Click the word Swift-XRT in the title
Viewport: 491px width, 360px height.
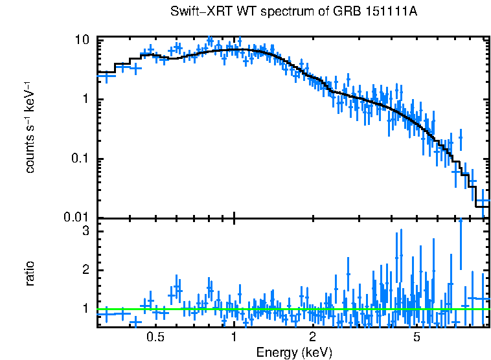tap(197, 12)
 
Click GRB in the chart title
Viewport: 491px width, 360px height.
tap(362, 12)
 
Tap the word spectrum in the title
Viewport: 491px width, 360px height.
tap(271, 12)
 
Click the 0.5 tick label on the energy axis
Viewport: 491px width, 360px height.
tap(155, 337)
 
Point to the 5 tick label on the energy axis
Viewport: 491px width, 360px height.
tap(417, 337)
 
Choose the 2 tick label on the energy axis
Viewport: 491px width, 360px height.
tap(312, 337)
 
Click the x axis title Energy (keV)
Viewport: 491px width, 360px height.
tap(294, 352)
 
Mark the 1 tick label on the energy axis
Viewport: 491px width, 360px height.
tap(234, 337)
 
